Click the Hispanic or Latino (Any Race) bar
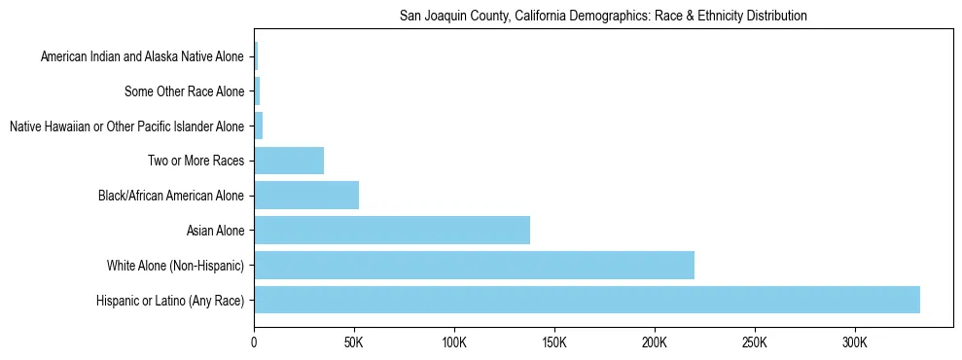click(587, 300)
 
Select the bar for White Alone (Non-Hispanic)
click(474, 265)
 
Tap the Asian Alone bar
click(392, 230)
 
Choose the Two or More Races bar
click(289, 161)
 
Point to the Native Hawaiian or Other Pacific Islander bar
click(259, 126)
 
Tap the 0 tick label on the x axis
click(254, 343)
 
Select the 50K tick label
click(354, 343)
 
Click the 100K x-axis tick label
click(454, 343)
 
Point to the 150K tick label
click(554, 343)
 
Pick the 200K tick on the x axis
click(655, 343)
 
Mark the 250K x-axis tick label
click(755, 343)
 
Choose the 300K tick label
click(855, 343)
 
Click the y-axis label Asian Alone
click(215, 231)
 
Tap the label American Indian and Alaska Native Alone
click(142, 57)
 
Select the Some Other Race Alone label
click(185, 92)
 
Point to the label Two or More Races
click(196, 162)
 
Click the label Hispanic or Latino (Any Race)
click(170, 301)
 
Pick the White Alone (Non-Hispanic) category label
click(175, 266)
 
